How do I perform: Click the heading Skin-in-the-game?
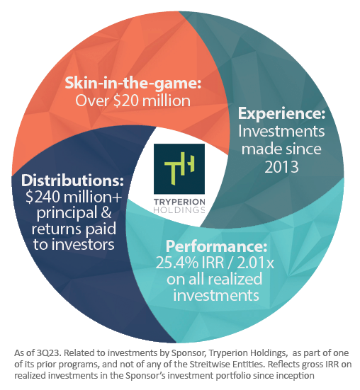133,84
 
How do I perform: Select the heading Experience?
281,114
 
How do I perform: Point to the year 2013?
281,167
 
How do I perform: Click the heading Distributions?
72,180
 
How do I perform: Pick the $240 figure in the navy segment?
43,197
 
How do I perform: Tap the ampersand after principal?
106,213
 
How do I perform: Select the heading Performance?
216,246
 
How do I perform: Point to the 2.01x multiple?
255,263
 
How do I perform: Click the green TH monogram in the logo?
179,168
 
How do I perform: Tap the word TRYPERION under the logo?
179,202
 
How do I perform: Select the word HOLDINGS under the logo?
179,210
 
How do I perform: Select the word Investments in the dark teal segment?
281,131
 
